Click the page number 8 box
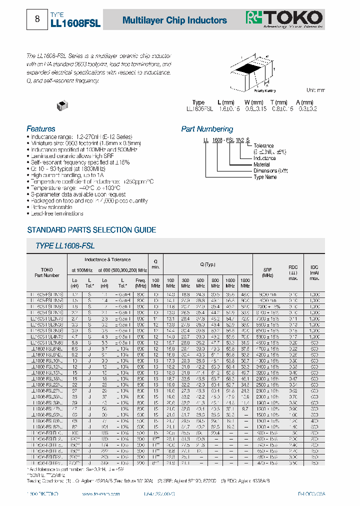37,19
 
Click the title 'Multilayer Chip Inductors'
174,20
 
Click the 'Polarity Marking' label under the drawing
264,90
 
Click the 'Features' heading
41,128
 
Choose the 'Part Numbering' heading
207,129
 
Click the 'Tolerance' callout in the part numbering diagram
263,145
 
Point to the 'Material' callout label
261,164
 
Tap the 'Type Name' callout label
265,177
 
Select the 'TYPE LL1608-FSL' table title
65,246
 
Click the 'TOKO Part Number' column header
46,272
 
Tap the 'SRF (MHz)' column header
267,272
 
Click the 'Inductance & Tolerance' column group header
107,259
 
